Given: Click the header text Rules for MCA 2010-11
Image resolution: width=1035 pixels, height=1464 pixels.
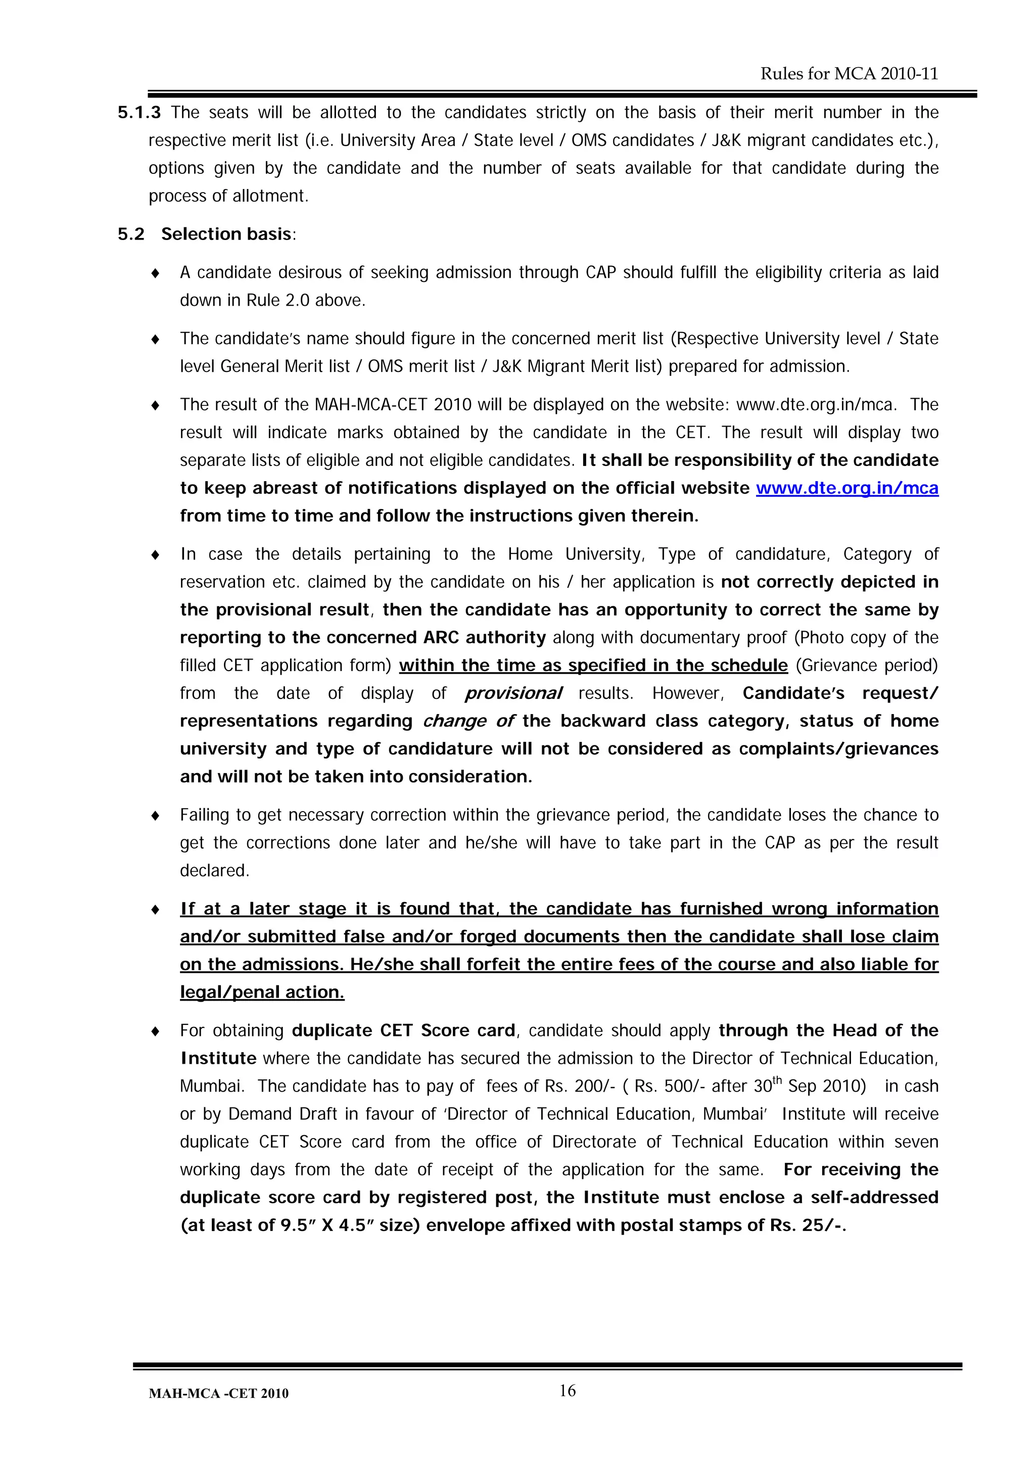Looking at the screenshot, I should [x=849, y=74].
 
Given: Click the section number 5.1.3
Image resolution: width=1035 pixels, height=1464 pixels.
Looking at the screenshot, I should [x=139, y=113].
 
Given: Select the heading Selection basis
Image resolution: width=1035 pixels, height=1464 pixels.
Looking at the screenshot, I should [x=226, y=234].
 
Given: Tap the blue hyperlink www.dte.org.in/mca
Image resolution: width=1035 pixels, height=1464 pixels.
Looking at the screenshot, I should [x=847, y=489].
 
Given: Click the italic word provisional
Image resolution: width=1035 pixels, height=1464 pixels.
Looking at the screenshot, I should [x=513, y=694].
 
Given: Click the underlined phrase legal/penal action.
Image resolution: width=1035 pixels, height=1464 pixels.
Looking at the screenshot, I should [x=262, y=992].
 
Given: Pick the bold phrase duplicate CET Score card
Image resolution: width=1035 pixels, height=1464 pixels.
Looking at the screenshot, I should [x=404, y=1031].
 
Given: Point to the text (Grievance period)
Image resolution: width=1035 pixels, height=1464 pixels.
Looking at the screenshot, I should [x=867, y=666].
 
